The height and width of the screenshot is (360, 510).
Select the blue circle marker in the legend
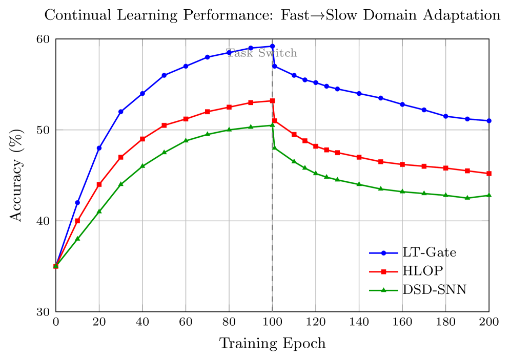coord(383,252)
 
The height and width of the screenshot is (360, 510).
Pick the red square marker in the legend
coord(383,271)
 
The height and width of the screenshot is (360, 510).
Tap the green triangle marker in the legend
coord(383,290)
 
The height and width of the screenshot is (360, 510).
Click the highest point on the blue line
coord(272,47)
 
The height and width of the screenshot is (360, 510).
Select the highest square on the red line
coord(273,101)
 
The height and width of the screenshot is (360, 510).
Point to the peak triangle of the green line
coord(273,125)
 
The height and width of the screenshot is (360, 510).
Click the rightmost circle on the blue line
coord(489,121)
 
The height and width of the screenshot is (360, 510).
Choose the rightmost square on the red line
coord(489,174)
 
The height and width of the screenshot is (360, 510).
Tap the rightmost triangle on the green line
coord(489,195)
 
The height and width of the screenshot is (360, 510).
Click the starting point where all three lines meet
coord(56,266)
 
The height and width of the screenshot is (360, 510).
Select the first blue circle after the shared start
coord(77,203)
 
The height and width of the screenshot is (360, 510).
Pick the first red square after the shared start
coord(77,221)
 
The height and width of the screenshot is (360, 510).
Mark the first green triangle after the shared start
coord(77,239)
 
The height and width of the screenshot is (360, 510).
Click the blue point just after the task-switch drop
coord(275,67)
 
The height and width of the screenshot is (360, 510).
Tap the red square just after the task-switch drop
coord(275,121)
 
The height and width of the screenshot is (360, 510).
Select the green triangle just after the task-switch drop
coord(275,147)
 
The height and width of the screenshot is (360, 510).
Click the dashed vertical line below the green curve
coord(272,230)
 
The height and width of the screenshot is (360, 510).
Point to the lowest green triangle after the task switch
coord(467,198)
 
